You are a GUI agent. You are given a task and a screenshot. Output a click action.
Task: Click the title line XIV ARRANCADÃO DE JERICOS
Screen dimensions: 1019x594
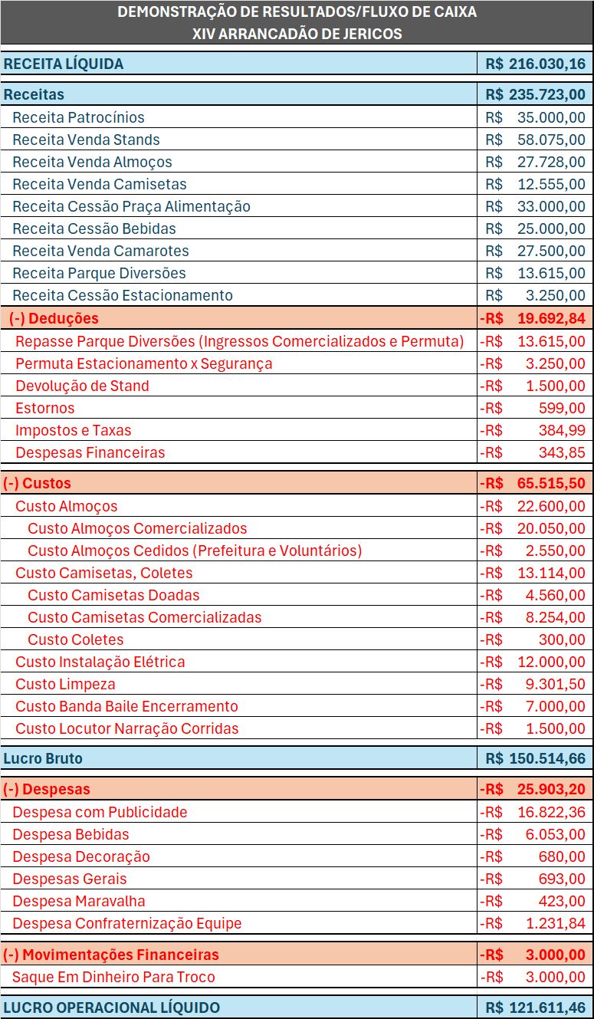pyautogui.click(x=297, y=34)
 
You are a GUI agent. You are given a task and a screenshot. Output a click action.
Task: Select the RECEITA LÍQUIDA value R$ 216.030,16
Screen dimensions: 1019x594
pyautogui.click(x=535, y=64)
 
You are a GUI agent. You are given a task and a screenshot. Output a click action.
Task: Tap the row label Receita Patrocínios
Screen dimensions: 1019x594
pyautogui.click(x=78, y=117)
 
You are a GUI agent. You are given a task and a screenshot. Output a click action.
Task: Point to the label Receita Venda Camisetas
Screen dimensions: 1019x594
pyautogui.click(x=100, y=184)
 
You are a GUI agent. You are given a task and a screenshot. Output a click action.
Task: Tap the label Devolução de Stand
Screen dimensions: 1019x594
pyautogui.click(x=82, y=386)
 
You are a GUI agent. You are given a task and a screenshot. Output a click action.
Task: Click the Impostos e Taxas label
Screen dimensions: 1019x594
pyautogui.click(x=74, y=430)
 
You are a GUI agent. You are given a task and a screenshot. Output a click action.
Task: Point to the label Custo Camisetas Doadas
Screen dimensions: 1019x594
pyautogui.click(x=113, y=595)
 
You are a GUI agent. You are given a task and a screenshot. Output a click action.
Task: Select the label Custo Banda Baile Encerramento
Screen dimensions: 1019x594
pyautogui.click(x=126, y=706)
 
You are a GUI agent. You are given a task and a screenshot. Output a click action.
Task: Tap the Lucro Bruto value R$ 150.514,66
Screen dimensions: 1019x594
pyautogui.click(x=535, y=758)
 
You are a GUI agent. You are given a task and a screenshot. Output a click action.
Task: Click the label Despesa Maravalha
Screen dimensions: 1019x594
pyautogui.click(x=79, y=901)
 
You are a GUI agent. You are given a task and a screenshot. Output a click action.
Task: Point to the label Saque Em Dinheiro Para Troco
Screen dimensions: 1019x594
pyautogui.click(x=113, y=977)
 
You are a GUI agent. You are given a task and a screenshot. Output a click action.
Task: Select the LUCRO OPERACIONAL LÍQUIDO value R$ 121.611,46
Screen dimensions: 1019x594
pyautogui.click(x=535, y=1007)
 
